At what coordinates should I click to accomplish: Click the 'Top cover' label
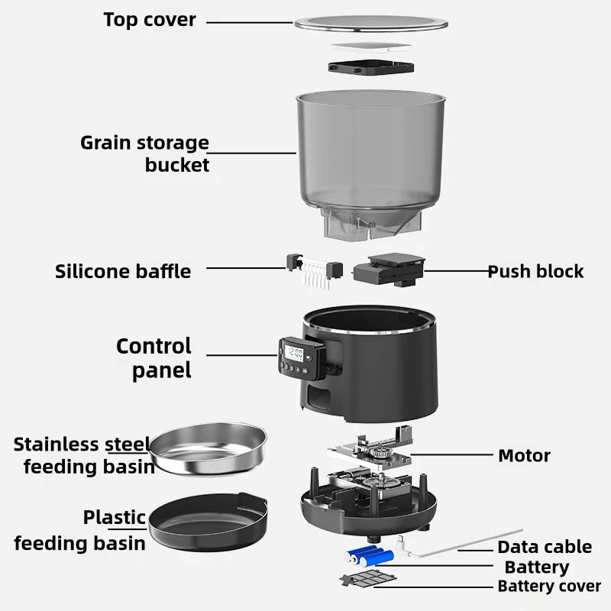tap(149, 20)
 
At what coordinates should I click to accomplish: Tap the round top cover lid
tap(370, 23)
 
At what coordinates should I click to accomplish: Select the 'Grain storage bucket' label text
tap(145, 154)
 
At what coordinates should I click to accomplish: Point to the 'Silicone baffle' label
tap(123, 271)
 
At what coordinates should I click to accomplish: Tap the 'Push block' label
tap(535, 271)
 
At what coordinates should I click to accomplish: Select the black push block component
tap(387, 270)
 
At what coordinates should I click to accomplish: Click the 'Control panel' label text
tap(154, 358)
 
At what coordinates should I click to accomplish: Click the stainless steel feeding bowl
tap(208, 451)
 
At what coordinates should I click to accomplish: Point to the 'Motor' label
tap(524, 456)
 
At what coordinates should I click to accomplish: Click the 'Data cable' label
tap(545, 547)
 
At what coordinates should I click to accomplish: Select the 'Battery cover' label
tap(549, 587)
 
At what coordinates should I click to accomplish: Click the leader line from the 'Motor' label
tap(451, 455)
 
